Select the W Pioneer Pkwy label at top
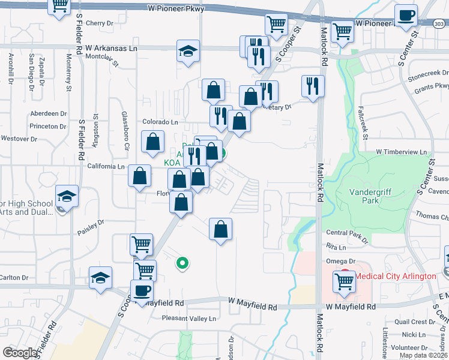tap(176, 9)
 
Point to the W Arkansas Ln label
tap(112, 47)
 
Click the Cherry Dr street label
tap(100, 23)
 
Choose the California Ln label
tap(106, 166)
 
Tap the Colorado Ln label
tap(161, 122)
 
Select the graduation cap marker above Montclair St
tap(188, 50)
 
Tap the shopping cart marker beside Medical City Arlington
tap(345, 281)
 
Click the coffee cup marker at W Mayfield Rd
tap(142, 290)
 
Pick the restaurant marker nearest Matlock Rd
tap(313, 85)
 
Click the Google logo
tap(21, 353)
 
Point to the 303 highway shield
tap(439, 23)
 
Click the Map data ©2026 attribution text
tap(423, 355)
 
